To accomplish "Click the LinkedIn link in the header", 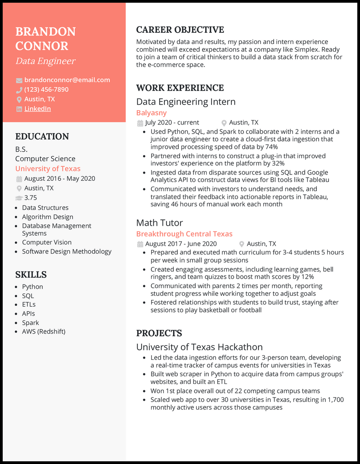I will [37, 109].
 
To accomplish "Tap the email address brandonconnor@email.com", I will [67, 80].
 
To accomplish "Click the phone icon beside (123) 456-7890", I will [19, 90].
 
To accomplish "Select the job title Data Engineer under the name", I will [45, 61].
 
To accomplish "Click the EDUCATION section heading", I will [42, 137].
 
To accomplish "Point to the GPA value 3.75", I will [31, 198].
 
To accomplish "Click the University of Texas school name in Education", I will [48, 169].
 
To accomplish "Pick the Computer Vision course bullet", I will [47, 242].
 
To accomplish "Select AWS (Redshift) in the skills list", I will [44, 332].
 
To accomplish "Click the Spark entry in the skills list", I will [31, 323].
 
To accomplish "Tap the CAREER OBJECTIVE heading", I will [180, 30].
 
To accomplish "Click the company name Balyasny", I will [151, 113].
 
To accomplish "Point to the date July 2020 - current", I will [172, 123].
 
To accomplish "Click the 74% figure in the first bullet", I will [270, 147].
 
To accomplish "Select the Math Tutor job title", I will [159, 223].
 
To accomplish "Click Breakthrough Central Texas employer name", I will [184, 234].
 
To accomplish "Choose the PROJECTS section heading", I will [159, 334].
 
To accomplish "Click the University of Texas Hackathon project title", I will [199, 347].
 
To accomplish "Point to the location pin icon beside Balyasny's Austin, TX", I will [224, 123].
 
